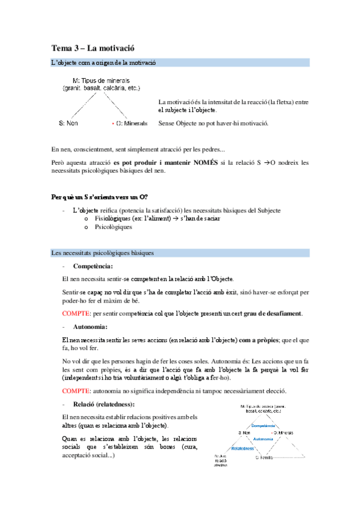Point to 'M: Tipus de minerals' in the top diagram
coord(100,80)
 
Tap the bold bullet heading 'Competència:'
coord(93,266)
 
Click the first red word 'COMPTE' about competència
coord(75,314)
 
